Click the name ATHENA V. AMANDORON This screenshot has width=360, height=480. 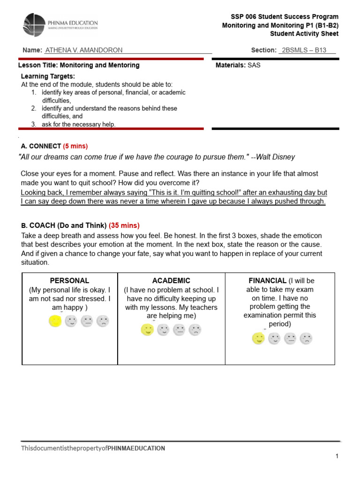click(x=83, y=50)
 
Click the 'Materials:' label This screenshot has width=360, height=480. click(x=231, y=65)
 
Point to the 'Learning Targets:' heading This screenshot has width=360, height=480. click(x=48, y=76)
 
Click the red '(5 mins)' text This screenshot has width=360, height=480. click(x=75, y=146)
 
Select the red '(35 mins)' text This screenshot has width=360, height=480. click(x=124, y=225)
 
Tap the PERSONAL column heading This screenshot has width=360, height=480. click(x=69, y=281)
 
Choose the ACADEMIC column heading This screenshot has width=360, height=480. click(x=171, y=281)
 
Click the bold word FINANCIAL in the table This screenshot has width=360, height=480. click(x=268, y=281)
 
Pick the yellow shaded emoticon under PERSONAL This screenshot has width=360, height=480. click(x=55, y=321)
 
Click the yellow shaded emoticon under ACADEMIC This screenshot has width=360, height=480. click(x=147, y=330)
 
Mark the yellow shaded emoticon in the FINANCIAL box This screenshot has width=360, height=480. click(x=258, y=338)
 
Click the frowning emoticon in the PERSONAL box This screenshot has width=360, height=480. click(x=102, y=321)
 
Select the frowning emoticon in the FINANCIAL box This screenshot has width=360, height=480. click(x=306, y=338)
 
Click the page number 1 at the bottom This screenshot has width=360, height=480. click(x=337, y=456)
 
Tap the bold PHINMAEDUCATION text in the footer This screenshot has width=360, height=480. click(x=136, y=448)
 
